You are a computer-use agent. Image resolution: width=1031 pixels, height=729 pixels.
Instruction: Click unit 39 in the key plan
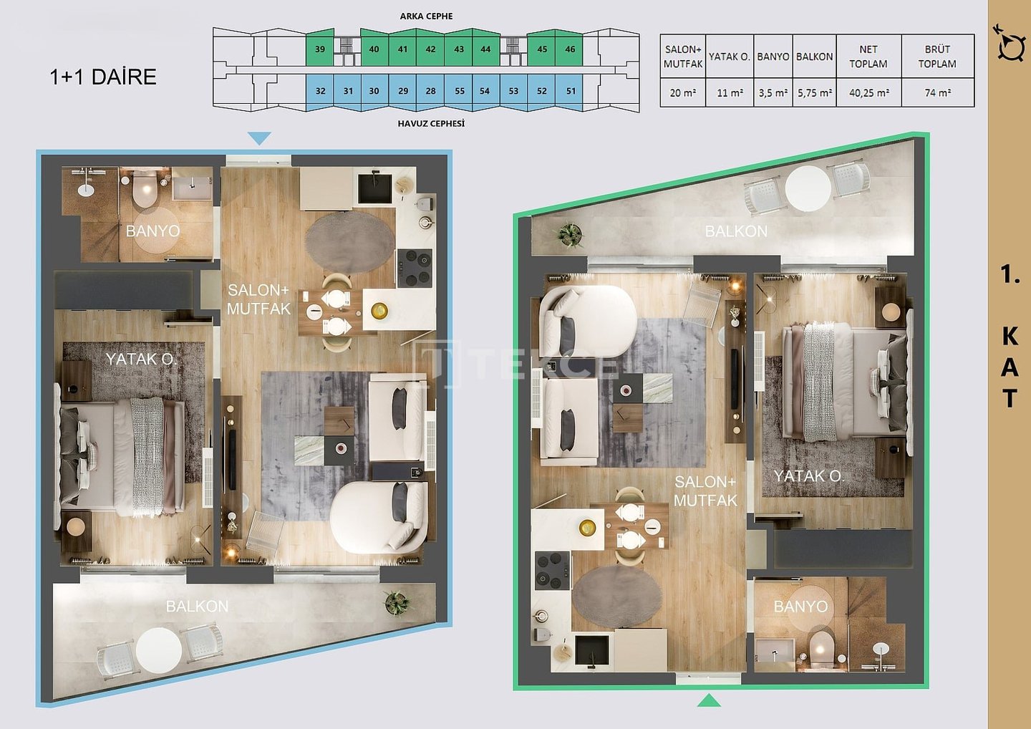(320, 48)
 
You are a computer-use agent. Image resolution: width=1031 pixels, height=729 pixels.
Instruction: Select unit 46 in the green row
(570, 48)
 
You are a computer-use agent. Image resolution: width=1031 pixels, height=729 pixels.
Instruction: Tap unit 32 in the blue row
(320, 92)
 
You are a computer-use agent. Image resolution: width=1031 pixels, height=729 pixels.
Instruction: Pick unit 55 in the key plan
(460, 92)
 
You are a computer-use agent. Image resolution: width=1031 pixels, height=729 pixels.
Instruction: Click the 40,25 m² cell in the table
(868, 92)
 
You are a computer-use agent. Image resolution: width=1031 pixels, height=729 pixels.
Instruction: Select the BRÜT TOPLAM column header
(938, 56)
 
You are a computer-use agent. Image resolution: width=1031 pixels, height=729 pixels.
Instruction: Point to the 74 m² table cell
(938, 92)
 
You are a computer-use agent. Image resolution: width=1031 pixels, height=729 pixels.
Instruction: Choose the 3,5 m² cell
(773, 92)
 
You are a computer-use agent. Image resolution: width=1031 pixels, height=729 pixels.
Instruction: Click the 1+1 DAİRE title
(103, 77)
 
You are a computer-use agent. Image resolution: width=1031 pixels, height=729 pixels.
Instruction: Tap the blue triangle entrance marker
(259, 137)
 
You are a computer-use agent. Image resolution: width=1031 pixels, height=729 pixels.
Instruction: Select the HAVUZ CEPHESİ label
(431, 123)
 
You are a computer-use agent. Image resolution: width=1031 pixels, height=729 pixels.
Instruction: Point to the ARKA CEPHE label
(426, 16)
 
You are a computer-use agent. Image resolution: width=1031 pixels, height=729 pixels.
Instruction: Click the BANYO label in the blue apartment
(153, 231)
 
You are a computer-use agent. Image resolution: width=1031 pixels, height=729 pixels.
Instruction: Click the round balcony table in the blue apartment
(159, 650)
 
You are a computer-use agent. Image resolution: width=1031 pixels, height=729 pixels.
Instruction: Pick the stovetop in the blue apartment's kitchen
(415, 269)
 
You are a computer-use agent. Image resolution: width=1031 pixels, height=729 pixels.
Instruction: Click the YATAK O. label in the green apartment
(809, 476)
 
